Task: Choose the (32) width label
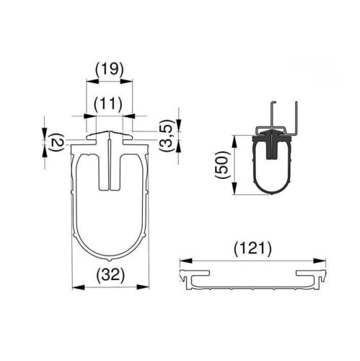[x=110, y=275]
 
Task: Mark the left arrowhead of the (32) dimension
[x=76, y=287]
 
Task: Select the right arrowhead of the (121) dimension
[x=322, y=261]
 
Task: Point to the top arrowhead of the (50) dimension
[x=234, y=137]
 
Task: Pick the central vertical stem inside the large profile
[x=110, y=166]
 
